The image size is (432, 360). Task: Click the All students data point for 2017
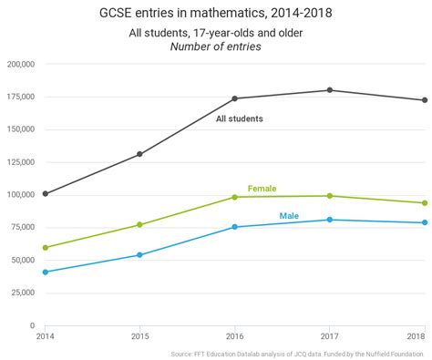(330, 90)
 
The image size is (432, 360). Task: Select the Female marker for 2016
(234, 197)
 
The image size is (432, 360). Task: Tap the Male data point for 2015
(139, 255)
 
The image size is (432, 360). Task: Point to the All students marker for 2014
(46, 193)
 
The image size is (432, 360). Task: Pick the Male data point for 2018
(425, 222)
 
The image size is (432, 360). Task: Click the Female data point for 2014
(46, 247)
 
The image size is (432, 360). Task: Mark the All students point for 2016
(234, 98)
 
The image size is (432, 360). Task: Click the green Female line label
(262, 189)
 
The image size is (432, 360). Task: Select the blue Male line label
(289, 216)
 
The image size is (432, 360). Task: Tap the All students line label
(240, 118)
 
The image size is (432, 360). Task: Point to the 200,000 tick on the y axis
(20, 65)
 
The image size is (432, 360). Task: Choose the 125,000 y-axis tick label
(20, 162)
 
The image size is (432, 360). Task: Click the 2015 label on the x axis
(139, 336)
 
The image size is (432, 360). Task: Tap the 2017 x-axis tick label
(329, 336)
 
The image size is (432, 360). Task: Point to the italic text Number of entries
(216, 46)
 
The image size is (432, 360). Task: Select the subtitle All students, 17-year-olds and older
(216, 33)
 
